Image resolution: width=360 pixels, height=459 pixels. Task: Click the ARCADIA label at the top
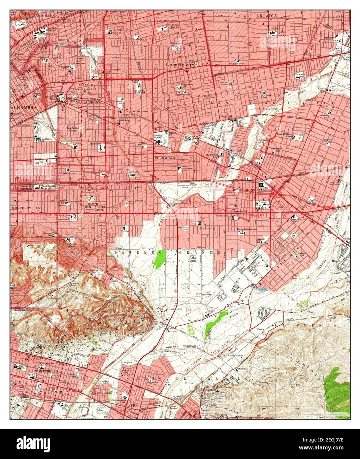(267, 16)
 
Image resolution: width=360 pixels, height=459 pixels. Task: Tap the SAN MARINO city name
(48, 15)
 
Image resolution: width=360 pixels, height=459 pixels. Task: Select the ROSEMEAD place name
(164, 158)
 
